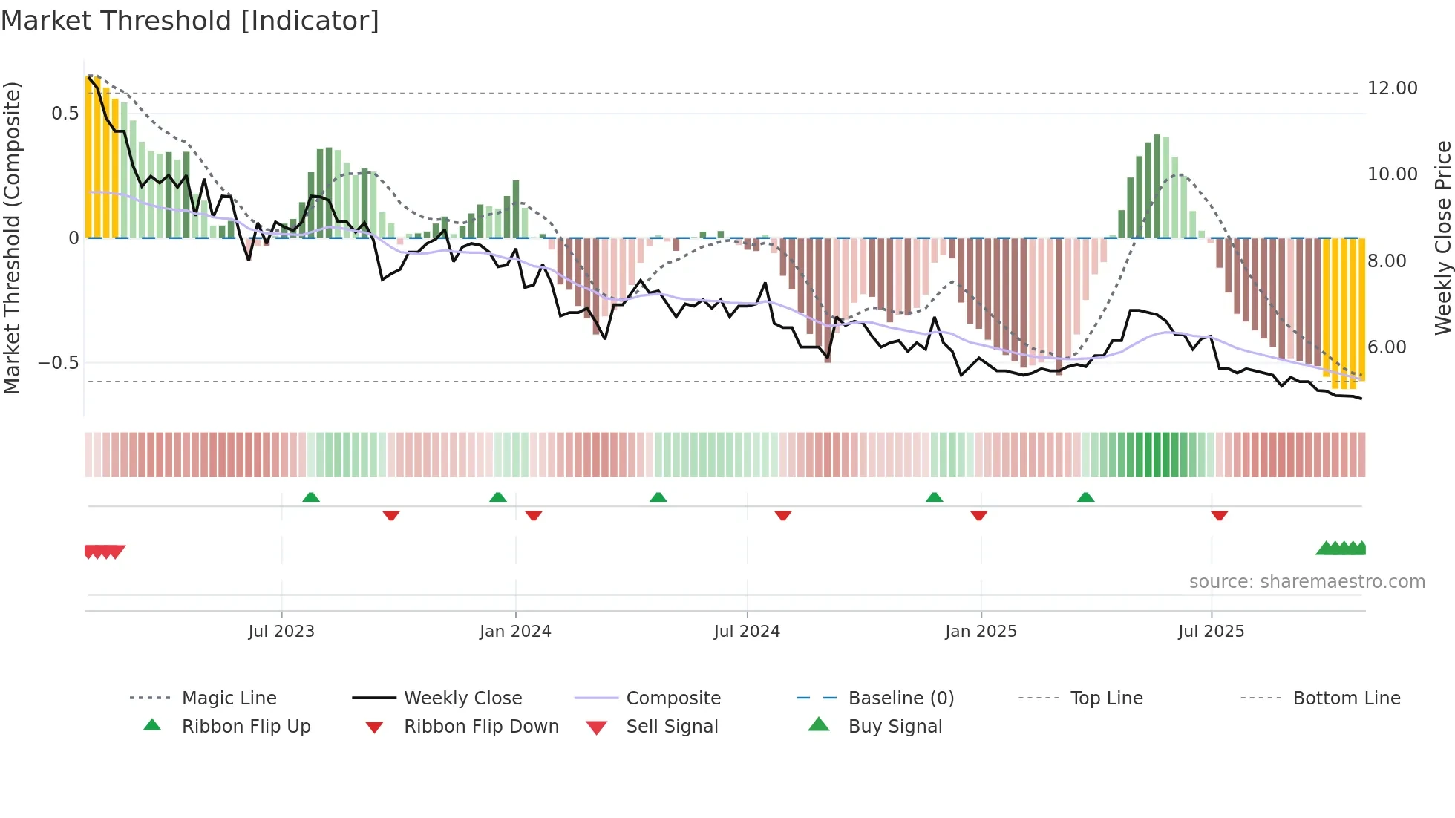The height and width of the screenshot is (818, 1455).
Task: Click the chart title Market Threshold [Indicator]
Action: pos(190,21)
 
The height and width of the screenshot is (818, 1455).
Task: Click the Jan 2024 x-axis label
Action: pos(515,632)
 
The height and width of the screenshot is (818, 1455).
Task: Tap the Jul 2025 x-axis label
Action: pos(1211,632)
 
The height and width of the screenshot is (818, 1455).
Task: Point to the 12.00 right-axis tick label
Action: pos(1392,88)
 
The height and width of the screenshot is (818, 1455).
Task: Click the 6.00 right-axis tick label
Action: pos(1387,347)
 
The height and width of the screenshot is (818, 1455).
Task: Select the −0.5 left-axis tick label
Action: pos(59,363)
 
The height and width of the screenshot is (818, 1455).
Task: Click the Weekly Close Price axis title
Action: pos(1442,238)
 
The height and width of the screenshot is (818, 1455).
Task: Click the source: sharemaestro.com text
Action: pos(1307,582)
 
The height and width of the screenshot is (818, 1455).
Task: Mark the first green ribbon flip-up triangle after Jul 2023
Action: pos(311,497)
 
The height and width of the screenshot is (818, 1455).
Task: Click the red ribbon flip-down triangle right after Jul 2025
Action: pos(1219,515)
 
